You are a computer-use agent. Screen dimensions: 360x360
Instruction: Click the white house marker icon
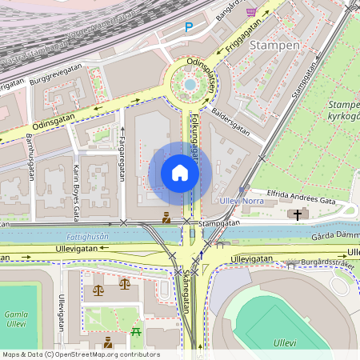[x=180, y=173]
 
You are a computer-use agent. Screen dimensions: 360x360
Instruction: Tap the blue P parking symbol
[x=189, y=27]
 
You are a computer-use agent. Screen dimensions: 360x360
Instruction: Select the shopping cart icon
[x=251, y=12]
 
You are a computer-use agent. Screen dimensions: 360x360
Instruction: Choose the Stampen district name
[x=274, y=46]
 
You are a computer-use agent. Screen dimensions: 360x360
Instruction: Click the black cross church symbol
[x=298, y=214]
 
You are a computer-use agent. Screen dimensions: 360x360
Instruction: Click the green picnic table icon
[x=136, y=331]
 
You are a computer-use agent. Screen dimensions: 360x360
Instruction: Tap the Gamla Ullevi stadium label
[x=16, y=318]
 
